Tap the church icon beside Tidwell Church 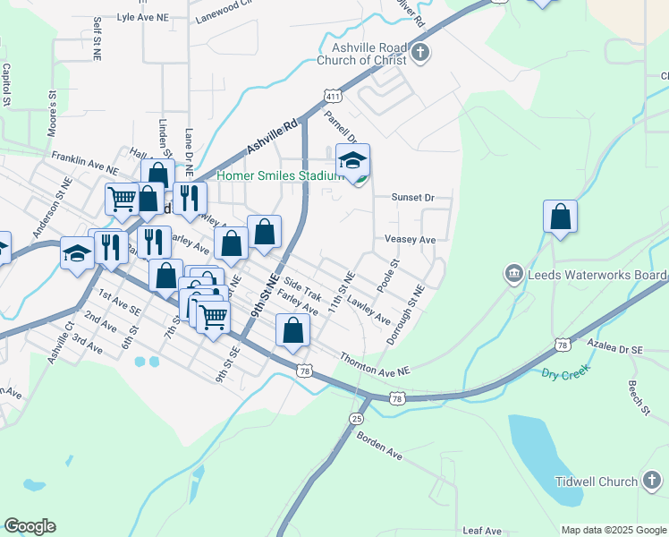(651, 482)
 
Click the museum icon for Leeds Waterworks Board (514, 272)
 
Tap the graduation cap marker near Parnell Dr (353, 161)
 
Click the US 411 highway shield (332, 96)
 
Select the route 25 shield (357, 419)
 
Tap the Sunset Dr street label (412, 197)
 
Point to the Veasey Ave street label (410, 240)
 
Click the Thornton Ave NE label (374, 364)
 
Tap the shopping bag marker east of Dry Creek (560, 217)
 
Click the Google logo (30, 526)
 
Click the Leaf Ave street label (483, 529)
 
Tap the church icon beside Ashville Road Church (420, 54)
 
